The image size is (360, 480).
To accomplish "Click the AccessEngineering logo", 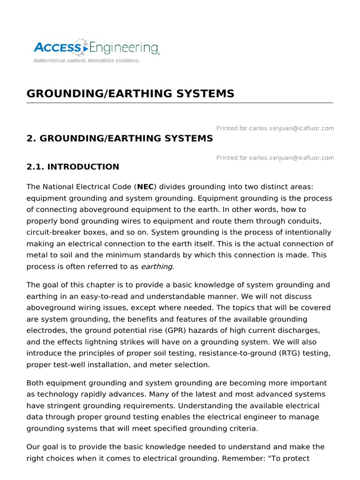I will [96, 48].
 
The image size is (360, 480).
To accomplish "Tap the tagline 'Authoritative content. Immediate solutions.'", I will [86, 61].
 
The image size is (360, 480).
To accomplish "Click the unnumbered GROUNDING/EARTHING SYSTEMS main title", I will [130, 93].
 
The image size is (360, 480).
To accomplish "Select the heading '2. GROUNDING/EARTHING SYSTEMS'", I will [120, 138].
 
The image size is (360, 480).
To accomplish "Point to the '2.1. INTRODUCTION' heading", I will [73, 167].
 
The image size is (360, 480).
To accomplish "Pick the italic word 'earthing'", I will [157, 266].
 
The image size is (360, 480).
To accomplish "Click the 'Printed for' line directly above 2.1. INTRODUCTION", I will [275, 157].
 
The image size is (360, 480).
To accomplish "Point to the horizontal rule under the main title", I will [180, 103].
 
